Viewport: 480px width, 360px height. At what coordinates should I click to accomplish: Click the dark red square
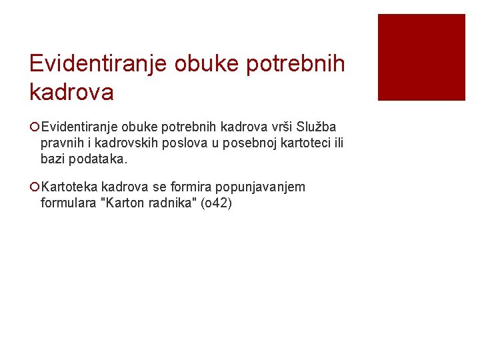[421, 57]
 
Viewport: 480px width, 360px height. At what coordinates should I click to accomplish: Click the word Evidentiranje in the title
[98, 64]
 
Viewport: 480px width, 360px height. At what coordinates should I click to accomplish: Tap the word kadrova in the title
[71, 92]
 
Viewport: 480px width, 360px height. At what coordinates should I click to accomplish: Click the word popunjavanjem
[261, 187]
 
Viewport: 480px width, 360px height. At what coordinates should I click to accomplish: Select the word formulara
[67, 203]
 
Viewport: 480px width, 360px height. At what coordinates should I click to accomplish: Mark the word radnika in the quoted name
[168, 203]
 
